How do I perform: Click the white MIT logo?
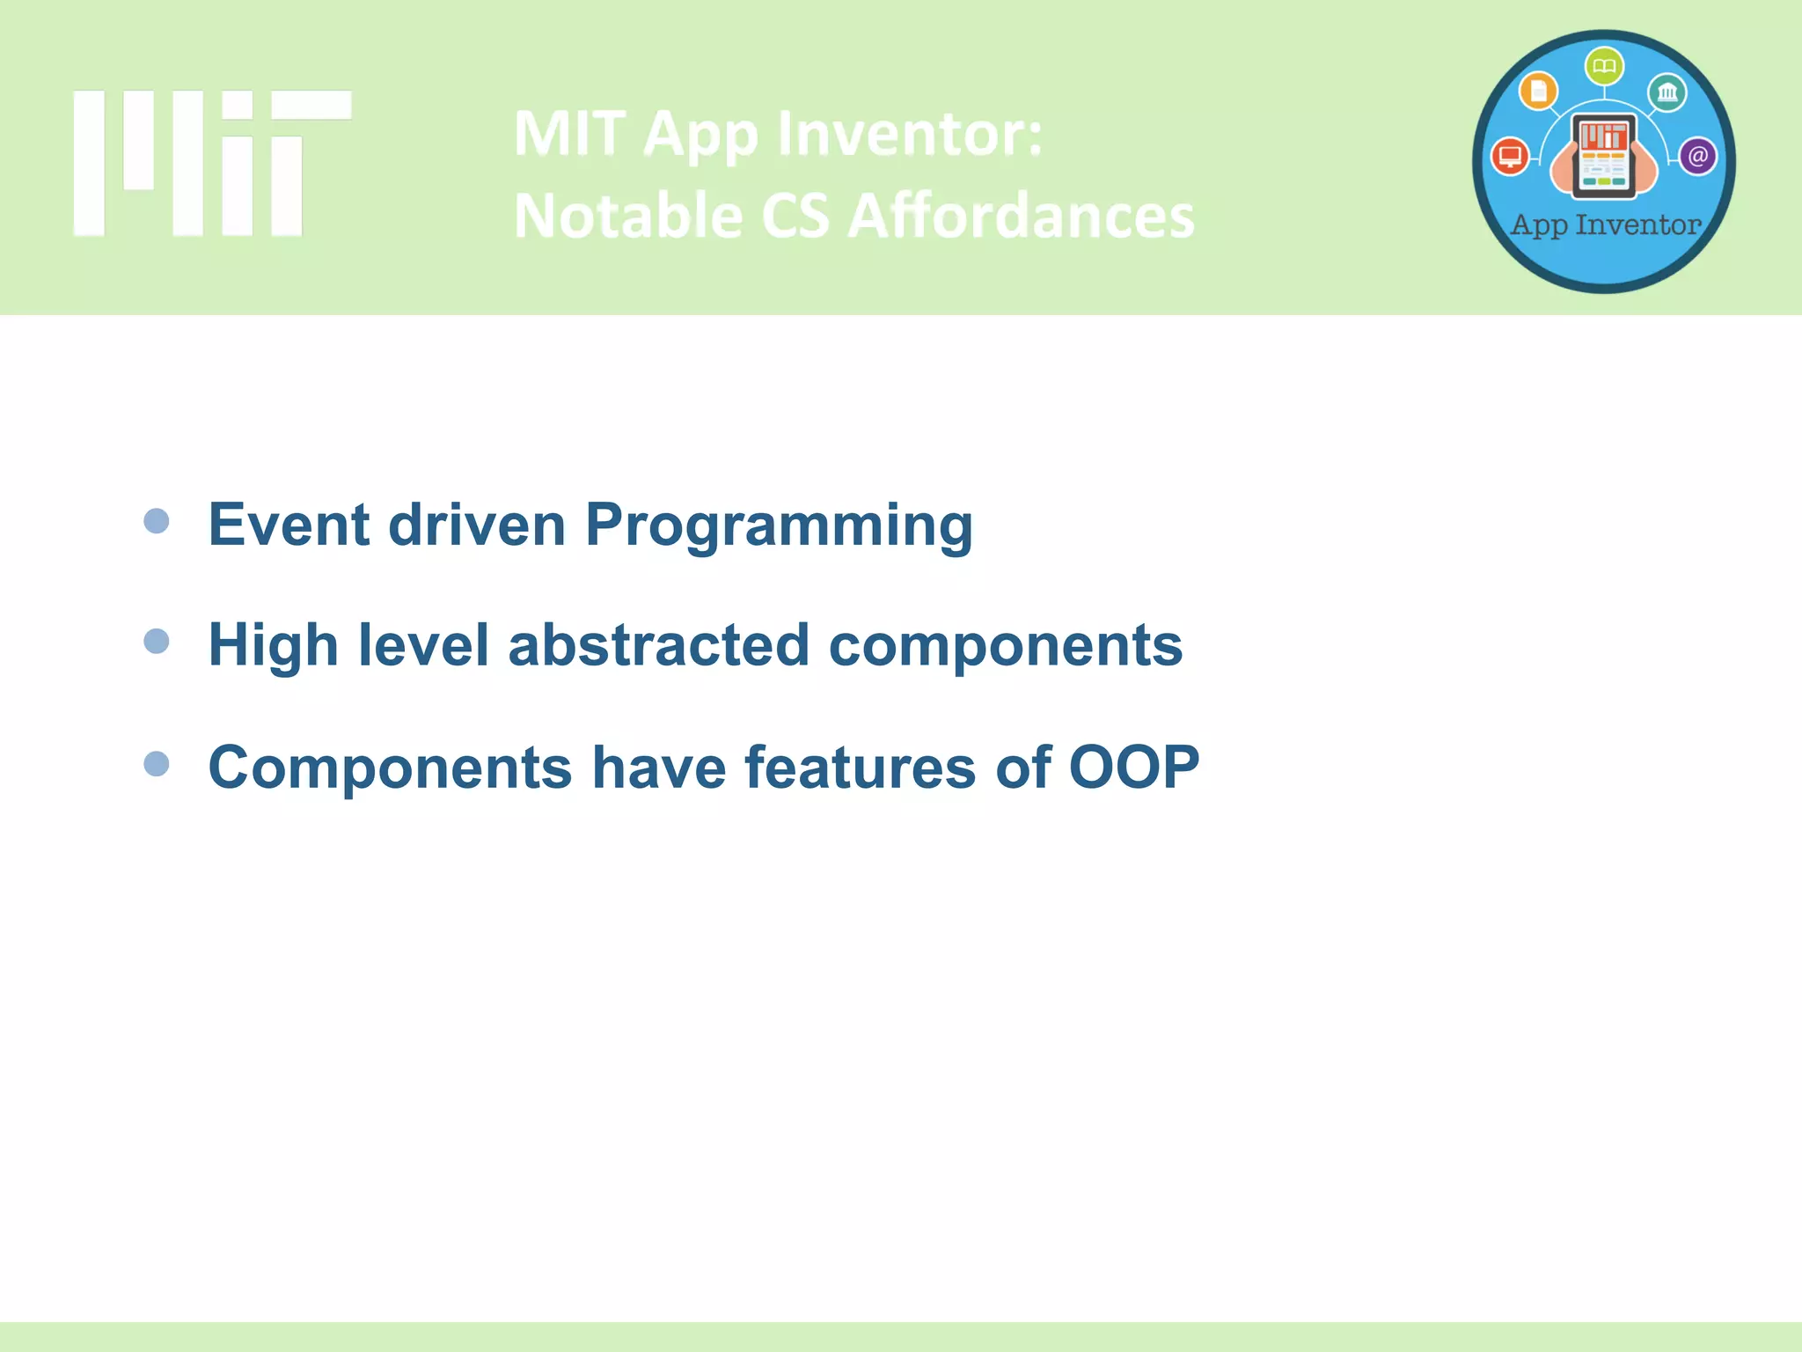click(211, 163)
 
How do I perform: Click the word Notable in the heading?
click(628, 217)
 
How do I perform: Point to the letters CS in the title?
click(795, 217)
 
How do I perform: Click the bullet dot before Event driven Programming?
click(157, 521)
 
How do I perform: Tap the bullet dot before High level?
click(157, 641)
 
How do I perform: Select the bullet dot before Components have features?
click(157, 763)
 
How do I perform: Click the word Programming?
click(779, 526)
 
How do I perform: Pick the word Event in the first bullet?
click(289, 525)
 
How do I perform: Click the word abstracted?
click(658, 644)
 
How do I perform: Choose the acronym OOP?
click(1133, 767)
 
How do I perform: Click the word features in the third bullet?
click(860, 767)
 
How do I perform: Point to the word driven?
click(476, 525)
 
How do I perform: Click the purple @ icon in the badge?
click(1697, 157)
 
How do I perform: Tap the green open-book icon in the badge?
click(1604, 67)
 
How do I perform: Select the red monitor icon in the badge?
click(1511, 157)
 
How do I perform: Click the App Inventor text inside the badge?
click(1605, 225)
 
